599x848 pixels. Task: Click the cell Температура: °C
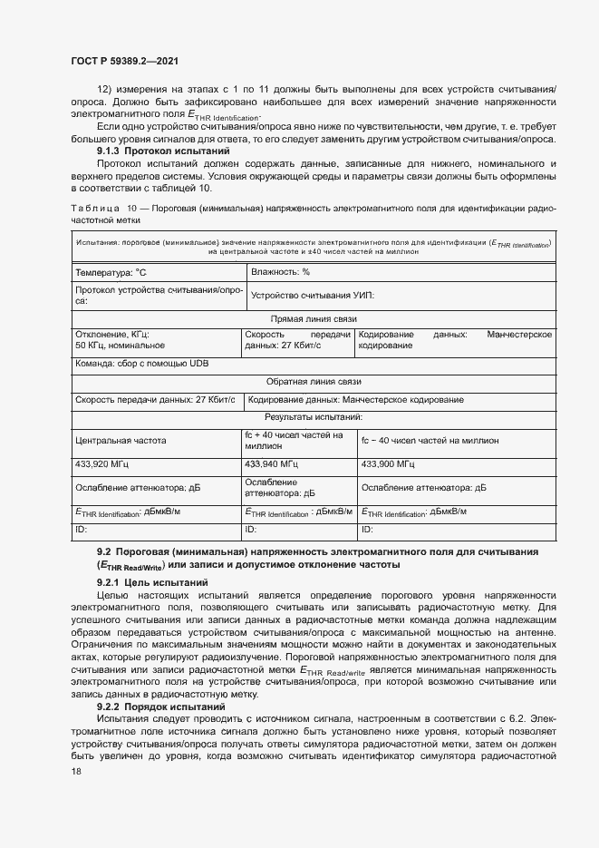111,271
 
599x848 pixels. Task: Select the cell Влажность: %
281,271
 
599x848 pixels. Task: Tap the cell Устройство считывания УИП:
313,296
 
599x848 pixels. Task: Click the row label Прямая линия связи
314,319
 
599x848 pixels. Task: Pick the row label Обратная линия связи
314,382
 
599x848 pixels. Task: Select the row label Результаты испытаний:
314,417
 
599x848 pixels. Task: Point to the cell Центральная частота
121,441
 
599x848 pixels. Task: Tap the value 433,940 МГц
274,464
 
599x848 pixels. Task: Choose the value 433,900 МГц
389,464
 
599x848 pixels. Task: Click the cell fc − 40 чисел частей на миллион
430,441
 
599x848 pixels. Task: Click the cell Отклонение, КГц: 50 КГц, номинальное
120,340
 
